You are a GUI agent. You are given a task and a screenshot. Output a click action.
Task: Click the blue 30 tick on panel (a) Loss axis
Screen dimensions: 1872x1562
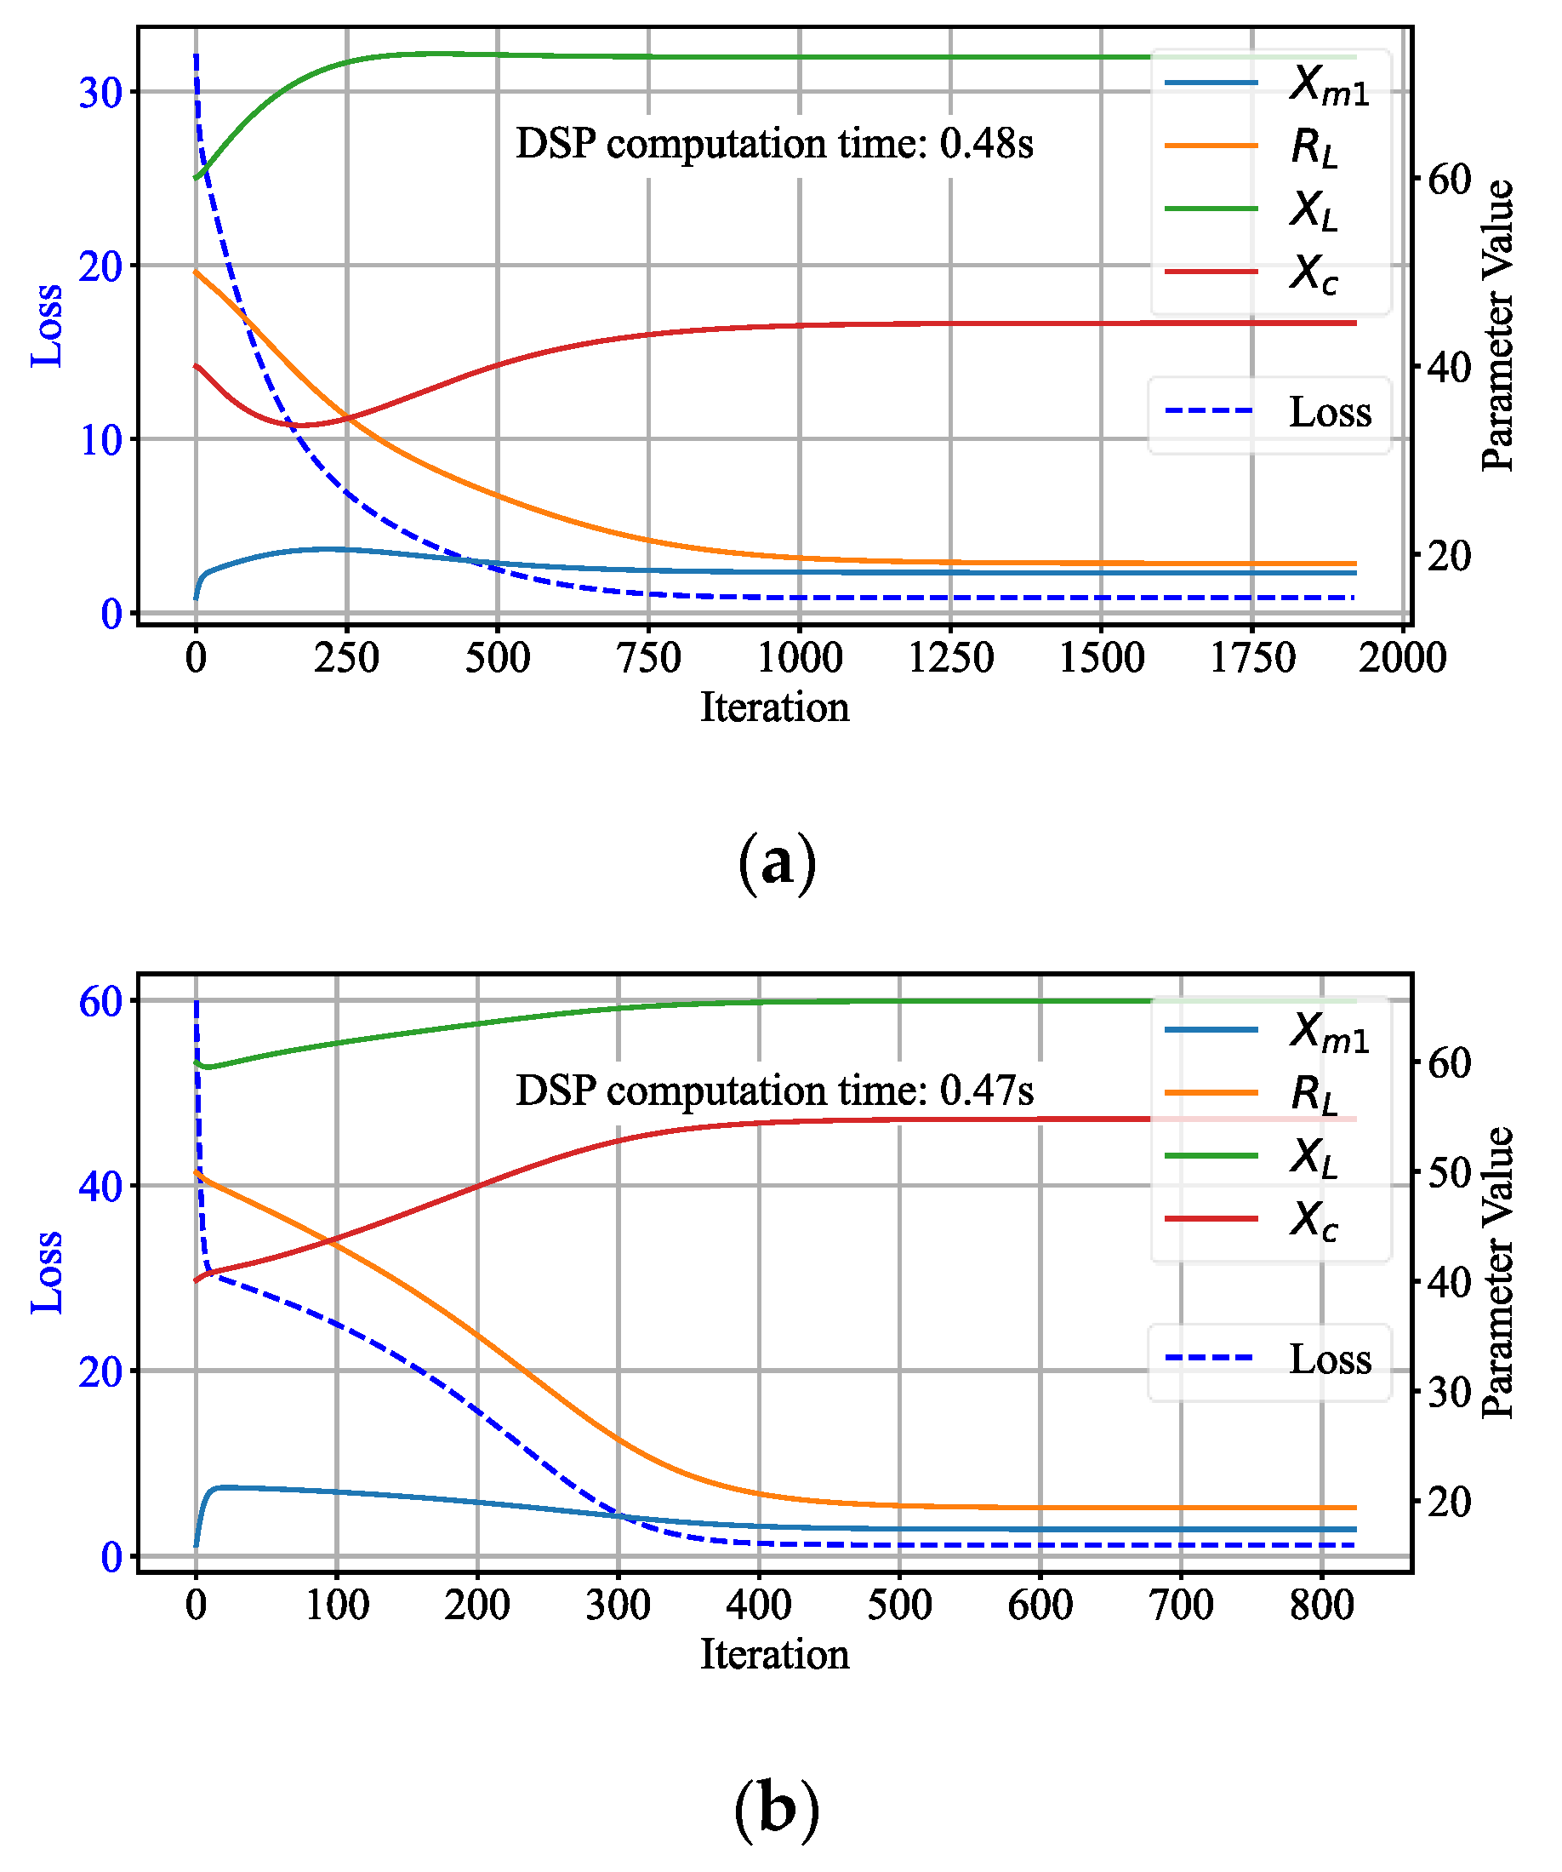(100, 93)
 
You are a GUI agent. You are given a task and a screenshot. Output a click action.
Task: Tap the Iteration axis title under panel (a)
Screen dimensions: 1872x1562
(774, 707)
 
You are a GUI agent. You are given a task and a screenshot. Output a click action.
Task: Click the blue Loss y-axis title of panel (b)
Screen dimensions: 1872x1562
(46, 1272)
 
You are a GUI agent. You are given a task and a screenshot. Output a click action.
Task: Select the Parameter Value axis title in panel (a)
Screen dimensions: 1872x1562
(1497, 325)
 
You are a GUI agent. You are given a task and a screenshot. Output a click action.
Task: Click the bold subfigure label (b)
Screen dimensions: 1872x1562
(776, 1811)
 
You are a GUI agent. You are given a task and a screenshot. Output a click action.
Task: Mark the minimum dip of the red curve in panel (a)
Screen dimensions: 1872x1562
(301, 425)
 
